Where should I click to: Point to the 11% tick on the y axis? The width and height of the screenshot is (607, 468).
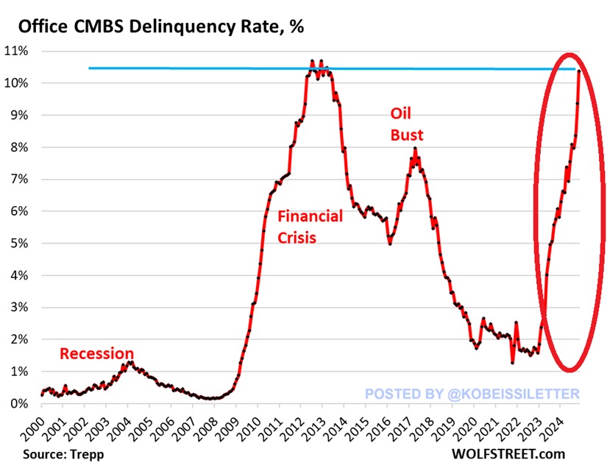[18, 51]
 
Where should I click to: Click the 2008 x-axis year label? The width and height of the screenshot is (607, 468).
[213, 428]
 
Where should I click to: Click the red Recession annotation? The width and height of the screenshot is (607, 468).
[96, 354]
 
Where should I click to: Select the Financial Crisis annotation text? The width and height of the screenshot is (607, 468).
[310, 227]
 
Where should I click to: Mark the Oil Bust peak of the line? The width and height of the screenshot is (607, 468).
[415, 149]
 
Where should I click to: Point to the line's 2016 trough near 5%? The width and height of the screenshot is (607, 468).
[390, 243]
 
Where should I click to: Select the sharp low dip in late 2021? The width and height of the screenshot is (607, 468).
[512, 362]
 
